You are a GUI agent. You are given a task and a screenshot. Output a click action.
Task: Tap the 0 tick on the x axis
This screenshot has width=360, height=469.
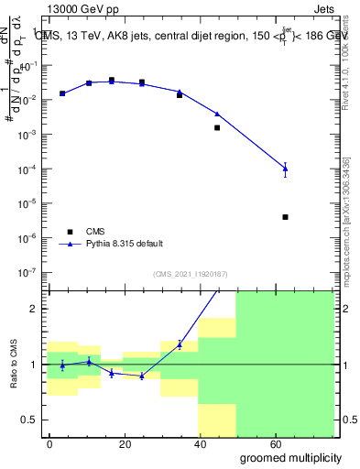click(49, 443)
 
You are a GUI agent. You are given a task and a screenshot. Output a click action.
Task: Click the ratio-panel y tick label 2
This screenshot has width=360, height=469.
click(33, 309)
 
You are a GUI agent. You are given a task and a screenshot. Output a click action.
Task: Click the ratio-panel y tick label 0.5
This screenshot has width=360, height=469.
click(29, 420)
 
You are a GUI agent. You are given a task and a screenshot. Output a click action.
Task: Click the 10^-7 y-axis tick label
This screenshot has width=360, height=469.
click(27, 272)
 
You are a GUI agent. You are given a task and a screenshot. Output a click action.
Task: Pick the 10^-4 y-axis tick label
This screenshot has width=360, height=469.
click(27, 169)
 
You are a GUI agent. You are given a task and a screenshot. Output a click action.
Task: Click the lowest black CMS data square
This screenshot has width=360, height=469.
click(286, 217)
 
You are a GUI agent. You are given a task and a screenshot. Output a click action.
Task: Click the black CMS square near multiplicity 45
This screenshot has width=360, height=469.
click(217, 127)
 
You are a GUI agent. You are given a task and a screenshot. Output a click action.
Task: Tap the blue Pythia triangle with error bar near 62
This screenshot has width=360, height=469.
click(286, 168)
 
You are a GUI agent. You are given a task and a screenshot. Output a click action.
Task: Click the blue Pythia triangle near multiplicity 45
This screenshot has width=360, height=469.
click(217, 114)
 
